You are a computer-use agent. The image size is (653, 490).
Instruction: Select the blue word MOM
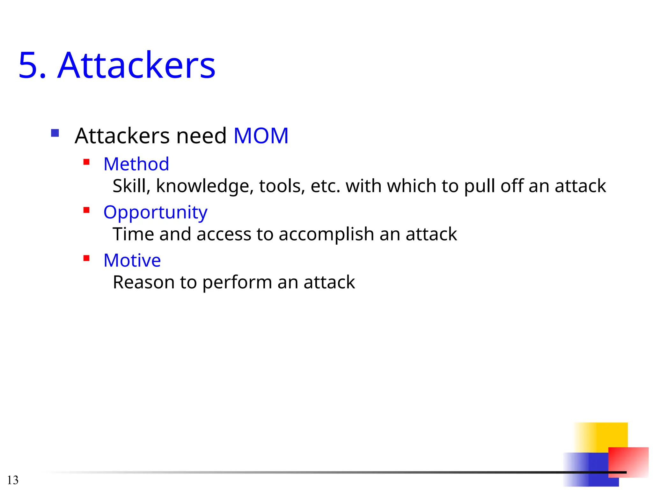pos(261,136)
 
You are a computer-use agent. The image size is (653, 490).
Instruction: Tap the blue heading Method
pos(136,164)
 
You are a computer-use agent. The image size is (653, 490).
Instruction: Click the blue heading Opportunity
pos(155,212)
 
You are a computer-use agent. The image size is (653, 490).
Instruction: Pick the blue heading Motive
pos(132,260)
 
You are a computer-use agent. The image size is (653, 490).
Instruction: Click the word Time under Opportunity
pos(133,234)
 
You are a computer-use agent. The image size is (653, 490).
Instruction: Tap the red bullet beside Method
pos(86,162)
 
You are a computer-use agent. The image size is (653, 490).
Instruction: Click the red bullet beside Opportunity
pos(86,210)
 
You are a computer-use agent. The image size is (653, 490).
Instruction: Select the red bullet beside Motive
pos(86,258)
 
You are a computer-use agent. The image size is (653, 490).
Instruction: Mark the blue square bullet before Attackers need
pos(55,133)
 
